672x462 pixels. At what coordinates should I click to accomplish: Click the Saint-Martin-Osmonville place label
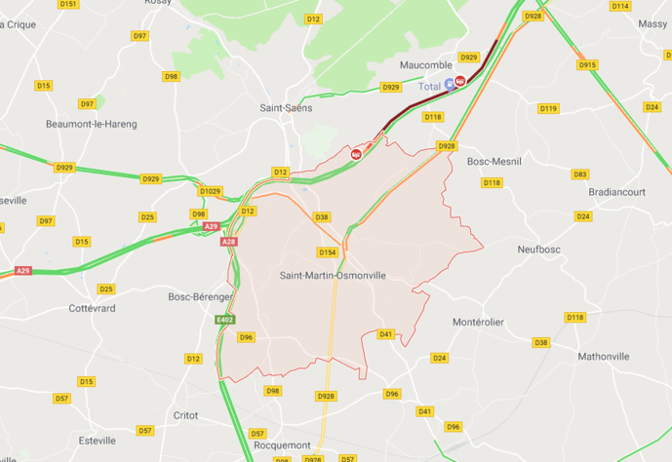click(x=333, y=276)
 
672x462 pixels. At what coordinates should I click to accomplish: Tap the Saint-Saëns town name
click(x=286, y=108)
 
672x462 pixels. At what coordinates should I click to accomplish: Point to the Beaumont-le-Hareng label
click(x=92, y=124)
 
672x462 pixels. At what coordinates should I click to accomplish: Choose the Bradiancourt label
click(x=612, y=192)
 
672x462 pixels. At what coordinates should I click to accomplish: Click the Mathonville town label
click(x=604, y=356)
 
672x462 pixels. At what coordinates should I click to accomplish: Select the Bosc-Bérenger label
click(x=199, y=296)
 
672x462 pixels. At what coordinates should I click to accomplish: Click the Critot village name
click(x=184, y=415)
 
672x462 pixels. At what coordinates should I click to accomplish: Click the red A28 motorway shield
click(x=228, y=242)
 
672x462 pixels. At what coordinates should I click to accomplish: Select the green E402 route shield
click(x=224, y=319)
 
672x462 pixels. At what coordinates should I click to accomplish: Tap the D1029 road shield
click(x=211, y=191)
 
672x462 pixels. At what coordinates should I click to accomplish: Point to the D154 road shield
click(x=328, y=252)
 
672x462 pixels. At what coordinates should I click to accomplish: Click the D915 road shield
click(x=586, y=65)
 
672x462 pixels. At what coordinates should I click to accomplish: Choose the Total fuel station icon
click(x=449, y=85)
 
